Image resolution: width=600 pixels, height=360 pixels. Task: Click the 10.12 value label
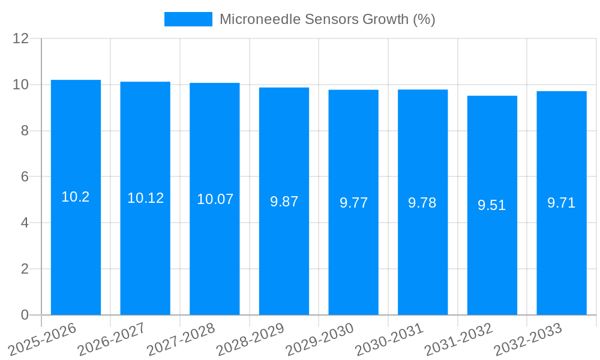145,198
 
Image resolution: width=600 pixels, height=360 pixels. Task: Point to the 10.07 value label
215,199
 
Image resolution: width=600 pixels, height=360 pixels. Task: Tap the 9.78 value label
422,203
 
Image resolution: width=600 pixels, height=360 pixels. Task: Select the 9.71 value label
562,203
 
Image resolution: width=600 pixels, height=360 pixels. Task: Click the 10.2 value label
76,197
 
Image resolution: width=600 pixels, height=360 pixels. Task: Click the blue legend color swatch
188,19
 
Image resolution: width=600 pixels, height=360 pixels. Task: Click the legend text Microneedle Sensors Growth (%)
327,19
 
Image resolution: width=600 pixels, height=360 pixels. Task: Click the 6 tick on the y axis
25,177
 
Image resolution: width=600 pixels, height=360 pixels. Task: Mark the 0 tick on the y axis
25,315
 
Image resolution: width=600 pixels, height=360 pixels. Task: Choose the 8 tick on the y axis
25,131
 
